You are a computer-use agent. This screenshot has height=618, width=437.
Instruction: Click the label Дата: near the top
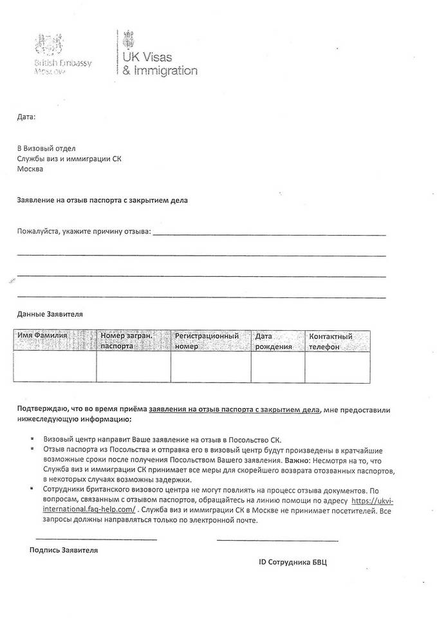point(26,117)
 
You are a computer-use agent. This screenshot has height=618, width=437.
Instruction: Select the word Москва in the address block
point(30,169)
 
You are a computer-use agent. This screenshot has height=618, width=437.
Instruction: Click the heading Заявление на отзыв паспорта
point(102,200)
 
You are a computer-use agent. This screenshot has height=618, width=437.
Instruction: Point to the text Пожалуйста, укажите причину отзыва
point(84,231)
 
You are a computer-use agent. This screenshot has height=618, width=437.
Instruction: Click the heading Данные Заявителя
point(50,314)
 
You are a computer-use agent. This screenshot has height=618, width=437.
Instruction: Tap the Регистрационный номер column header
point(207,341)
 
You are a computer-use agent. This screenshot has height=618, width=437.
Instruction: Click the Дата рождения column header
point(274,341)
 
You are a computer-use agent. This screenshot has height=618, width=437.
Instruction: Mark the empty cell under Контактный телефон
point(337,366)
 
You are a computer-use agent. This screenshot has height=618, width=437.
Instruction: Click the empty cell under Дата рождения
point(277,366)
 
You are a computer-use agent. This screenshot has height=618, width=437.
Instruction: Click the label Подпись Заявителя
point(64,550)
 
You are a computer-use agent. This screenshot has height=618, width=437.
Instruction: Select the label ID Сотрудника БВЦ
point(293,562)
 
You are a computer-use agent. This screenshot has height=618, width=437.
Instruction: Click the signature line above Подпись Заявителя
point(96,539)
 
